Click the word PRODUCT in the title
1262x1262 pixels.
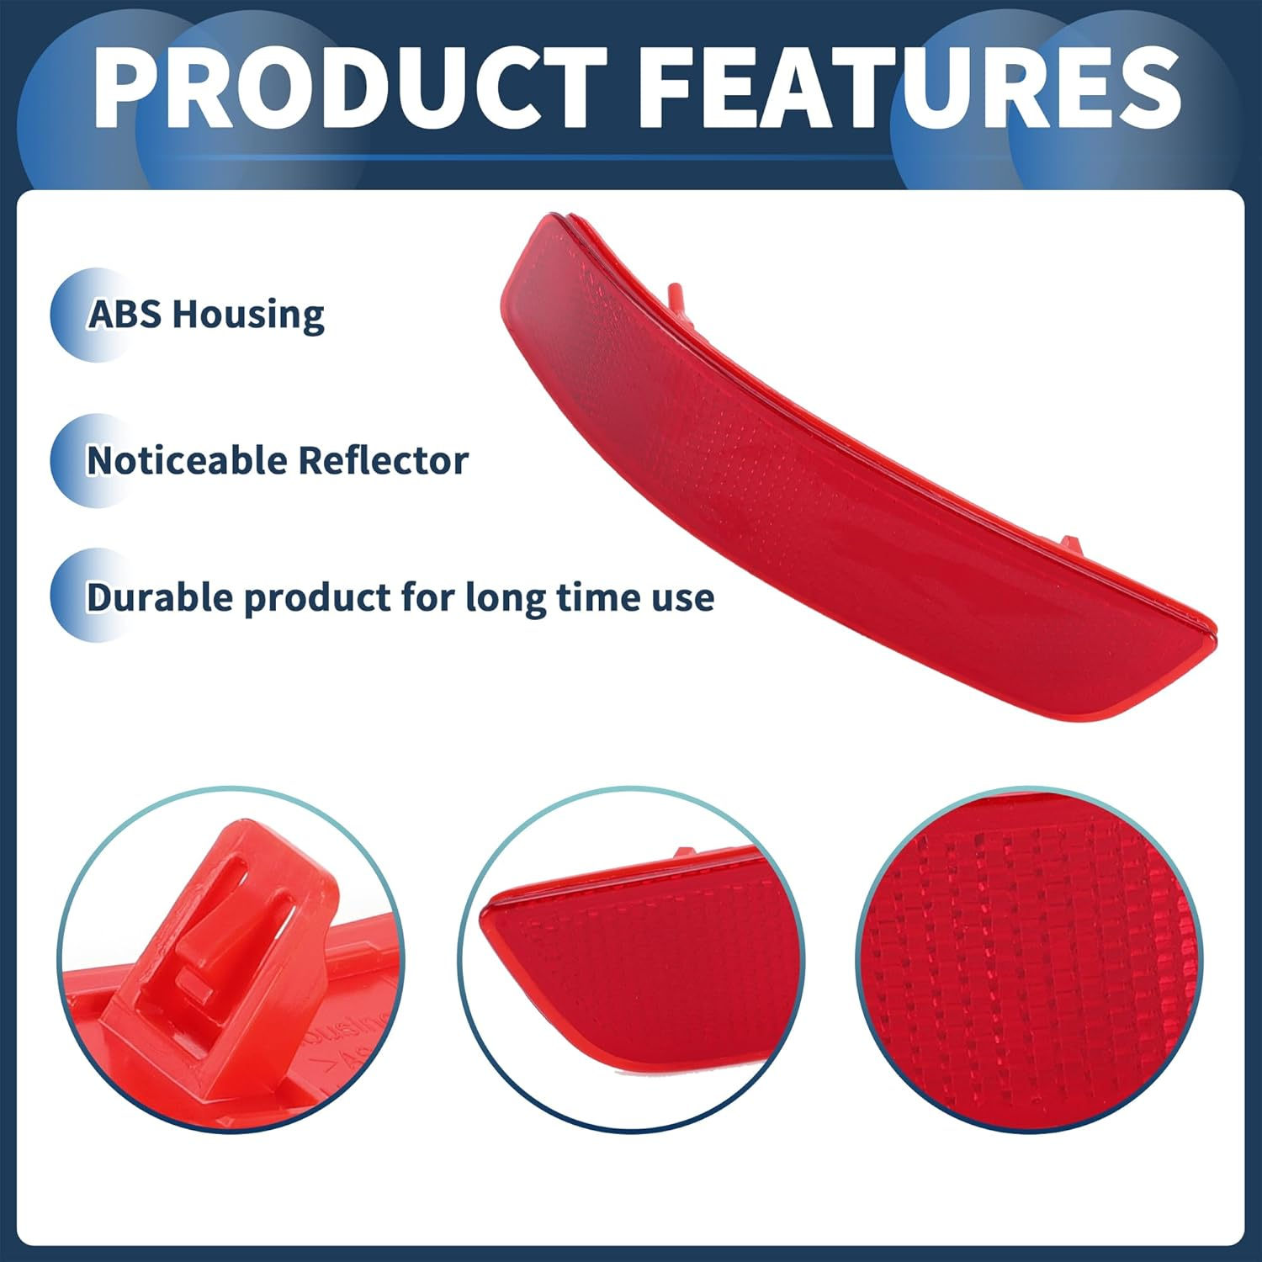tap(350, 88)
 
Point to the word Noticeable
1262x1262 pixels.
tap(187, 461)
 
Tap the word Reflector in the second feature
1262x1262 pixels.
tap(383, 461)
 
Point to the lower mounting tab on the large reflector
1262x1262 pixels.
tap(1070, 544)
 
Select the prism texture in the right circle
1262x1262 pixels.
tap(1031, 959)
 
